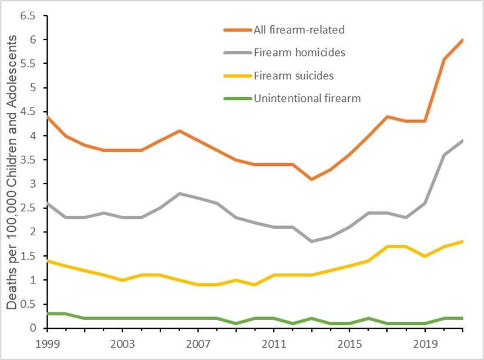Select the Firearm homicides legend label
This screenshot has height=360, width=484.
[299, 52]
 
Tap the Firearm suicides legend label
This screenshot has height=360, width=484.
[294, 75]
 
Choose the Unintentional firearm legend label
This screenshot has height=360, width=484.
[307, 98]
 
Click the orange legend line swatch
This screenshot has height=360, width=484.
[236, 29]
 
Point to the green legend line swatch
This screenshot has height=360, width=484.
[236, 98]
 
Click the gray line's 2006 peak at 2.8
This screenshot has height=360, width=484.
[179, 194]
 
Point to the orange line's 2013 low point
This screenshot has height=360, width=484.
[312, 179]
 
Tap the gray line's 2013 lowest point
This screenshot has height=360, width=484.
[312, 241]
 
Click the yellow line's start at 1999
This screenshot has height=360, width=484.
[46, 261]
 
